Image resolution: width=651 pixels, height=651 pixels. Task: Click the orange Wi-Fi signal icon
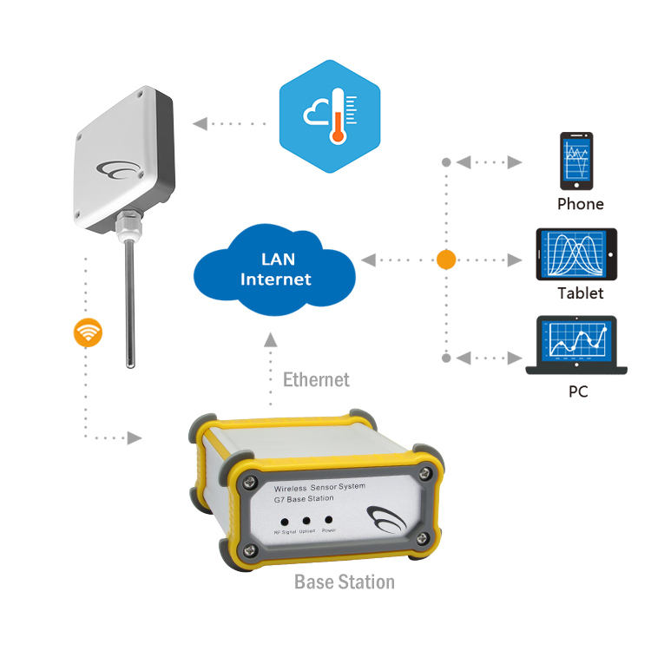(89, 332)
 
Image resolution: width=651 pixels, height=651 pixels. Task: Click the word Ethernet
(316, 379)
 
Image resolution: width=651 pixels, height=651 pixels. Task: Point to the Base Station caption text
(345, 582)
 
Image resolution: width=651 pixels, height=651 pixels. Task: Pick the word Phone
(580, 204)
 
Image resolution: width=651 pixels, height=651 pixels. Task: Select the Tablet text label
(580, 293)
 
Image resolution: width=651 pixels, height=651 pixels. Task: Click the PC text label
(578, 391)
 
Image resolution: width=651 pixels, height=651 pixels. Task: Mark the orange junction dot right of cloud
(445, 260)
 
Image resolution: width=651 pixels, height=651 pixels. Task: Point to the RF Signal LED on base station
(285, 519)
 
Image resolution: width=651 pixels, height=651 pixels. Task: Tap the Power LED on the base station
(328, 518)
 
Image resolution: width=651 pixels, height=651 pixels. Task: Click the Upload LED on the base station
(306, 519)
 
